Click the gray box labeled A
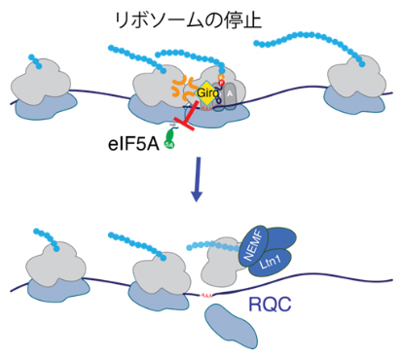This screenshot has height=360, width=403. coord(230,94)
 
